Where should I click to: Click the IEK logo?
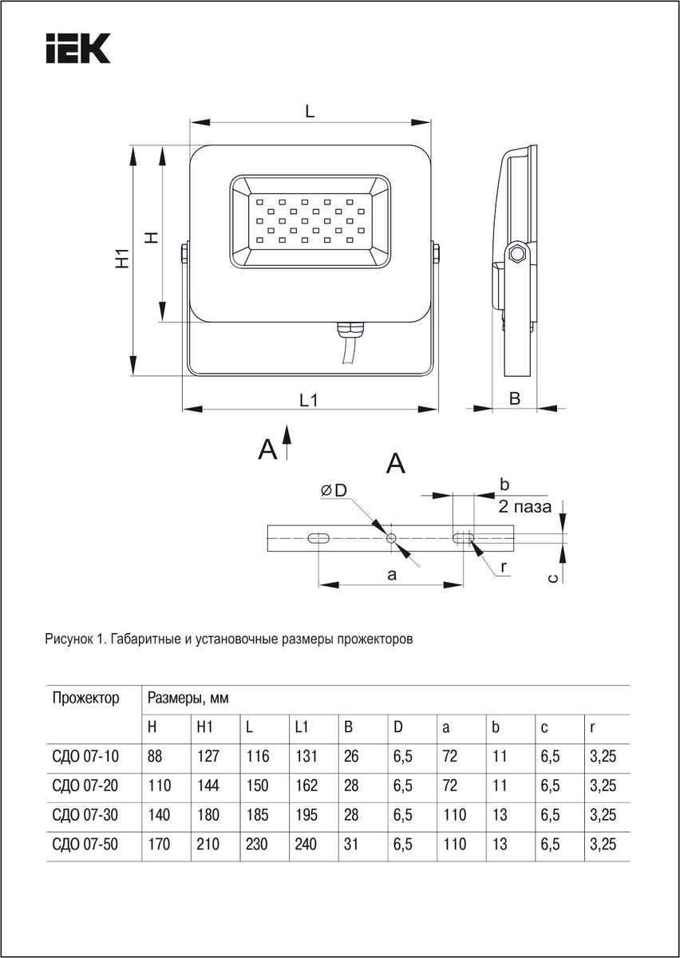point(78,49)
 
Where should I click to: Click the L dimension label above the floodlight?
point(310,112)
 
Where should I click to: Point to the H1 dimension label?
point(121,259)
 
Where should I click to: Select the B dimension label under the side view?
point(515,398)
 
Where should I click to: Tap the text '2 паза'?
point(525,506)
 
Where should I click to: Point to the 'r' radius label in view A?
point(504,566)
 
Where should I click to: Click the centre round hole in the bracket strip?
point(392,537)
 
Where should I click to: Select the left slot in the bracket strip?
point(318,538)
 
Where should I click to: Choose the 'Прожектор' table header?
point(86,699)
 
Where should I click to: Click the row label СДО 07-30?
point(85,815)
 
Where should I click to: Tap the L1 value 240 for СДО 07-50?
point(306,844)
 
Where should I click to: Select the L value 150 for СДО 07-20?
point(257,786)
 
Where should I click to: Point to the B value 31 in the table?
point(352,844)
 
